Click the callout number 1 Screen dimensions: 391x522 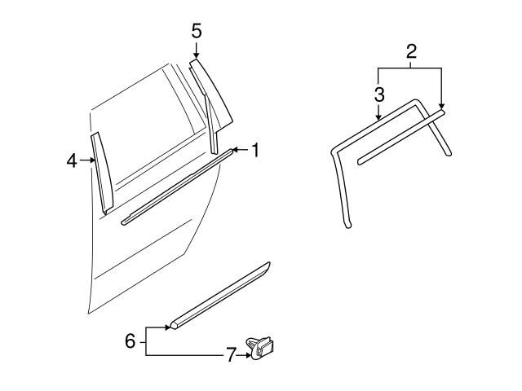tap(254, 150)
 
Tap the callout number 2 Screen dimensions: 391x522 tap(411, 53)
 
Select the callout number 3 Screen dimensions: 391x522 tap(379, 94)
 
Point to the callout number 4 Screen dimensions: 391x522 tap(72, 161)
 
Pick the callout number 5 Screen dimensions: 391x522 tap(196, 32)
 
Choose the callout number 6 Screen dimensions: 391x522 tap(130, 340)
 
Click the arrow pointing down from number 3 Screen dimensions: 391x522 tap(379, 114)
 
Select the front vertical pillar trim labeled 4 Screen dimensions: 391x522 tap(100, 173)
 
